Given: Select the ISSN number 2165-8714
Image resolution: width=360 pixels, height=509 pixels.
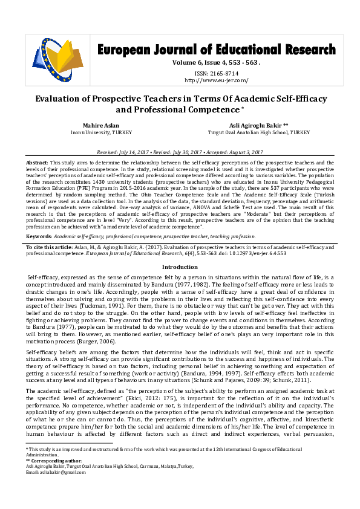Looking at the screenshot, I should click(x=216, y=73).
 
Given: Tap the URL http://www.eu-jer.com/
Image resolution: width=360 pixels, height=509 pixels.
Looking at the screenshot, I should click(x=216, y=80).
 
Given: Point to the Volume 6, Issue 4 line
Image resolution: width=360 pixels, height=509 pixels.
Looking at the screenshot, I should click(x=216, y=62).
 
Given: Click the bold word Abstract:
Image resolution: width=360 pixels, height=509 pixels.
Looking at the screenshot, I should click(x=37, y=164).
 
